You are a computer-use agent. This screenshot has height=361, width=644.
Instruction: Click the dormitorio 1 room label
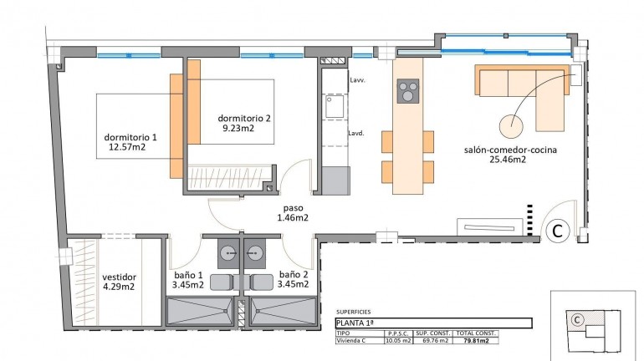point(130,137)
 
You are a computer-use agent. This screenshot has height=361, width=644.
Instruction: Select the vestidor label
point(120,277)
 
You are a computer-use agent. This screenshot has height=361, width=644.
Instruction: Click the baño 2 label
point(294,274)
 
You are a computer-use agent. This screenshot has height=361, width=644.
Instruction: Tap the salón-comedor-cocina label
point(510,150)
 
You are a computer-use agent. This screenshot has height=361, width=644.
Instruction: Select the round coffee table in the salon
point(512,125)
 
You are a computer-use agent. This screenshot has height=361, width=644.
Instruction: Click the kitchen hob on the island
point(408,89)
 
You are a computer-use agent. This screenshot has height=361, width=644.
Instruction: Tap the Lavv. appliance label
point(357,80)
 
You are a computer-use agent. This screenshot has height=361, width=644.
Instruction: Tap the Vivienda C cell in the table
point(355,340)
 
